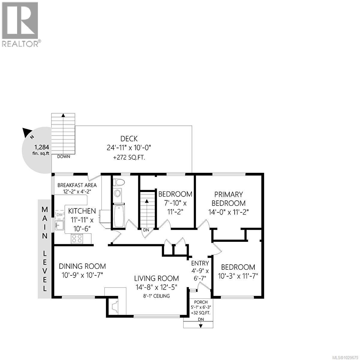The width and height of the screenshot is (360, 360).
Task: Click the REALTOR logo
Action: pos(20,24)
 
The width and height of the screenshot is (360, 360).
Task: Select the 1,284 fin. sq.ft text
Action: pos(42,150)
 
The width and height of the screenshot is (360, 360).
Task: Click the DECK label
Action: pos(129,139)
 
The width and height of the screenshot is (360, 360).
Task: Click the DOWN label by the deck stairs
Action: pos(64,157)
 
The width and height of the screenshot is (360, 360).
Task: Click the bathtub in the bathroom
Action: pos(119,216)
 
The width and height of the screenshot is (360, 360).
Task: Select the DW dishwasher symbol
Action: pos(59,214)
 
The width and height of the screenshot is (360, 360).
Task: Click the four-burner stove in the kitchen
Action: pos(77,238)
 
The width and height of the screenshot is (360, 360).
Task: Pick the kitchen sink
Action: pos(59,225)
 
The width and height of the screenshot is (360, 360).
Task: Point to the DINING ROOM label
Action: pos(82,266)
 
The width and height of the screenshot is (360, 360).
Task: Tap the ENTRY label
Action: pos(200,263)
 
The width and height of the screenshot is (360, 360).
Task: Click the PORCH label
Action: pos(201,302)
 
